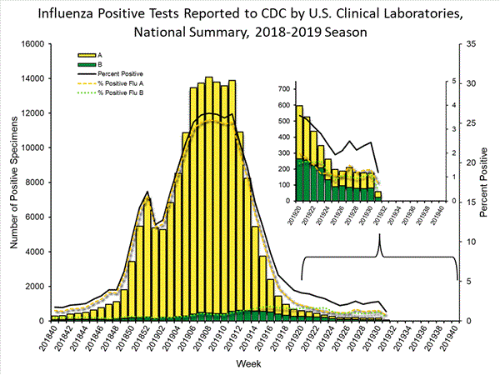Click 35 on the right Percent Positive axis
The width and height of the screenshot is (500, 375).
(x=471, y=43)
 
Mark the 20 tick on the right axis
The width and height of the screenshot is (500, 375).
(x=471, y=162)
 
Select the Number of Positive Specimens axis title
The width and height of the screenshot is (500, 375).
(x=12, y=182)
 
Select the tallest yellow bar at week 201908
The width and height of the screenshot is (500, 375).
(x=208, y=199)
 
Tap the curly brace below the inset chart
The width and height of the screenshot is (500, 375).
(x=380, y=258)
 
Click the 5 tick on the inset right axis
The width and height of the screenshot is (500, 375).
(x=452, y=82)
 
